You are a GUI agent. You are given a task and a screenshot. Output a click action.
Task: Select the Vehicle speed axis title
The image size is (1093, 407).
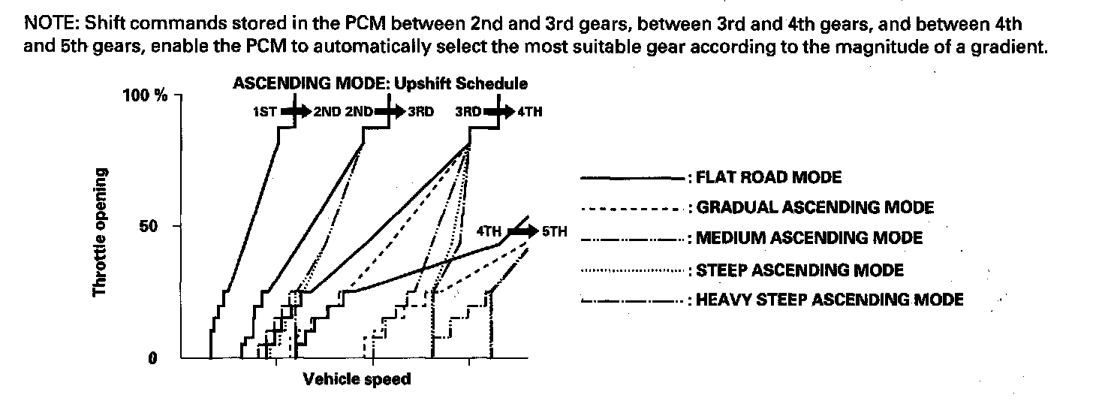357,380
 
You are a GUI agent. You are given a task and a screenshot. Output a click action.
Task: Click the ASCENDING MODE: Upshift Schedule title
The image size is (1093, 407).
380,83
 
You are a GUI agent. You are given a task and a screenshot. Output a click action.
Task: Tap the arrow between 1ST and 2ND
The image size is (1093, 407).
297,113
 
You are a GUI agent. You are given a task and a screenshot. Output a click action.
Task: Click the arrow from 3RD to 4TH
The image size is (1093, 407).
498,113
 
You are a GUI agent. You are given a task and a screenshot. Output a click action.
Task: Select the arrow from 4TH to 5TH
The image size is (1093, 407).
522,231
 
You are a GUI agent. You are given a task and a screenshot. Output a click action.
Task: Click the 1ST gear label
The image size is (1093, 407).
266,113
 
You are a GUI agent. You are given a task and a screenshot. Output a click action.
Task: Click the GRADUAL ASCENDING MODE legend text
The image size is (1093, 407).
814,208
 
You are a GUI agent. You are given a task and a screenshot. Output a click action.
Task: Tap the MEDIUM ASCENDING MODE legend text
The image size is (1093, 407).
809,239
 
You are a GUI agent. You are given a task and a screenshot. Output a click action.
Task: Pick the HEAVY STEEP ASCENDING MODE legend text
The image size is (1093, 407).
830,300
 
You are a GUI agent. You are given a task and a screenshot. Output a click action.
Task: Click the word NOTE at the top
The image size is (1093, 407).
47,23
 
